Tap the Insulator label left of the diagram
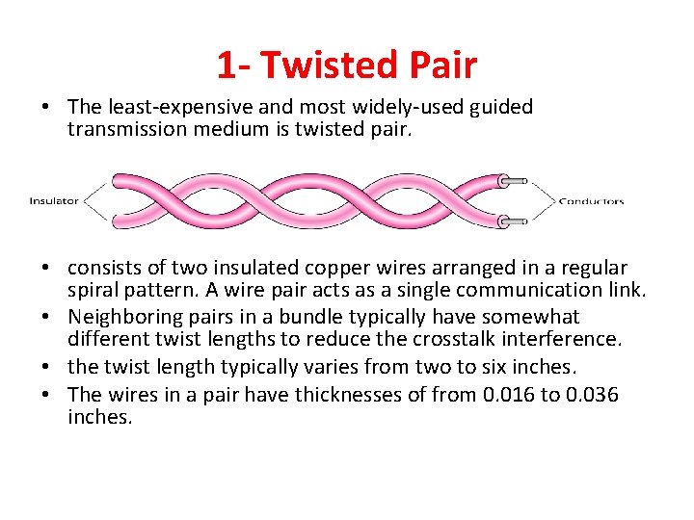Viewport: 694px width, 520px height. (54, 201)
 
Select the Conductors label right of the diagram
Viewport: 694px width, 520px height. (592, 201)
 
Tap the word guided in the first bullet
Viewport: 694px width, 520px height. (497, 107)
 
